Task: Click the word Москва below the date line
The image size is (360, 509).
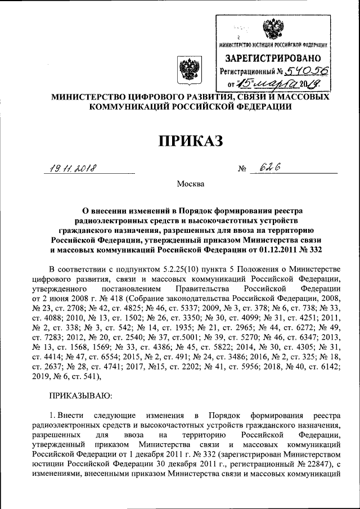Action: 188,184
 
